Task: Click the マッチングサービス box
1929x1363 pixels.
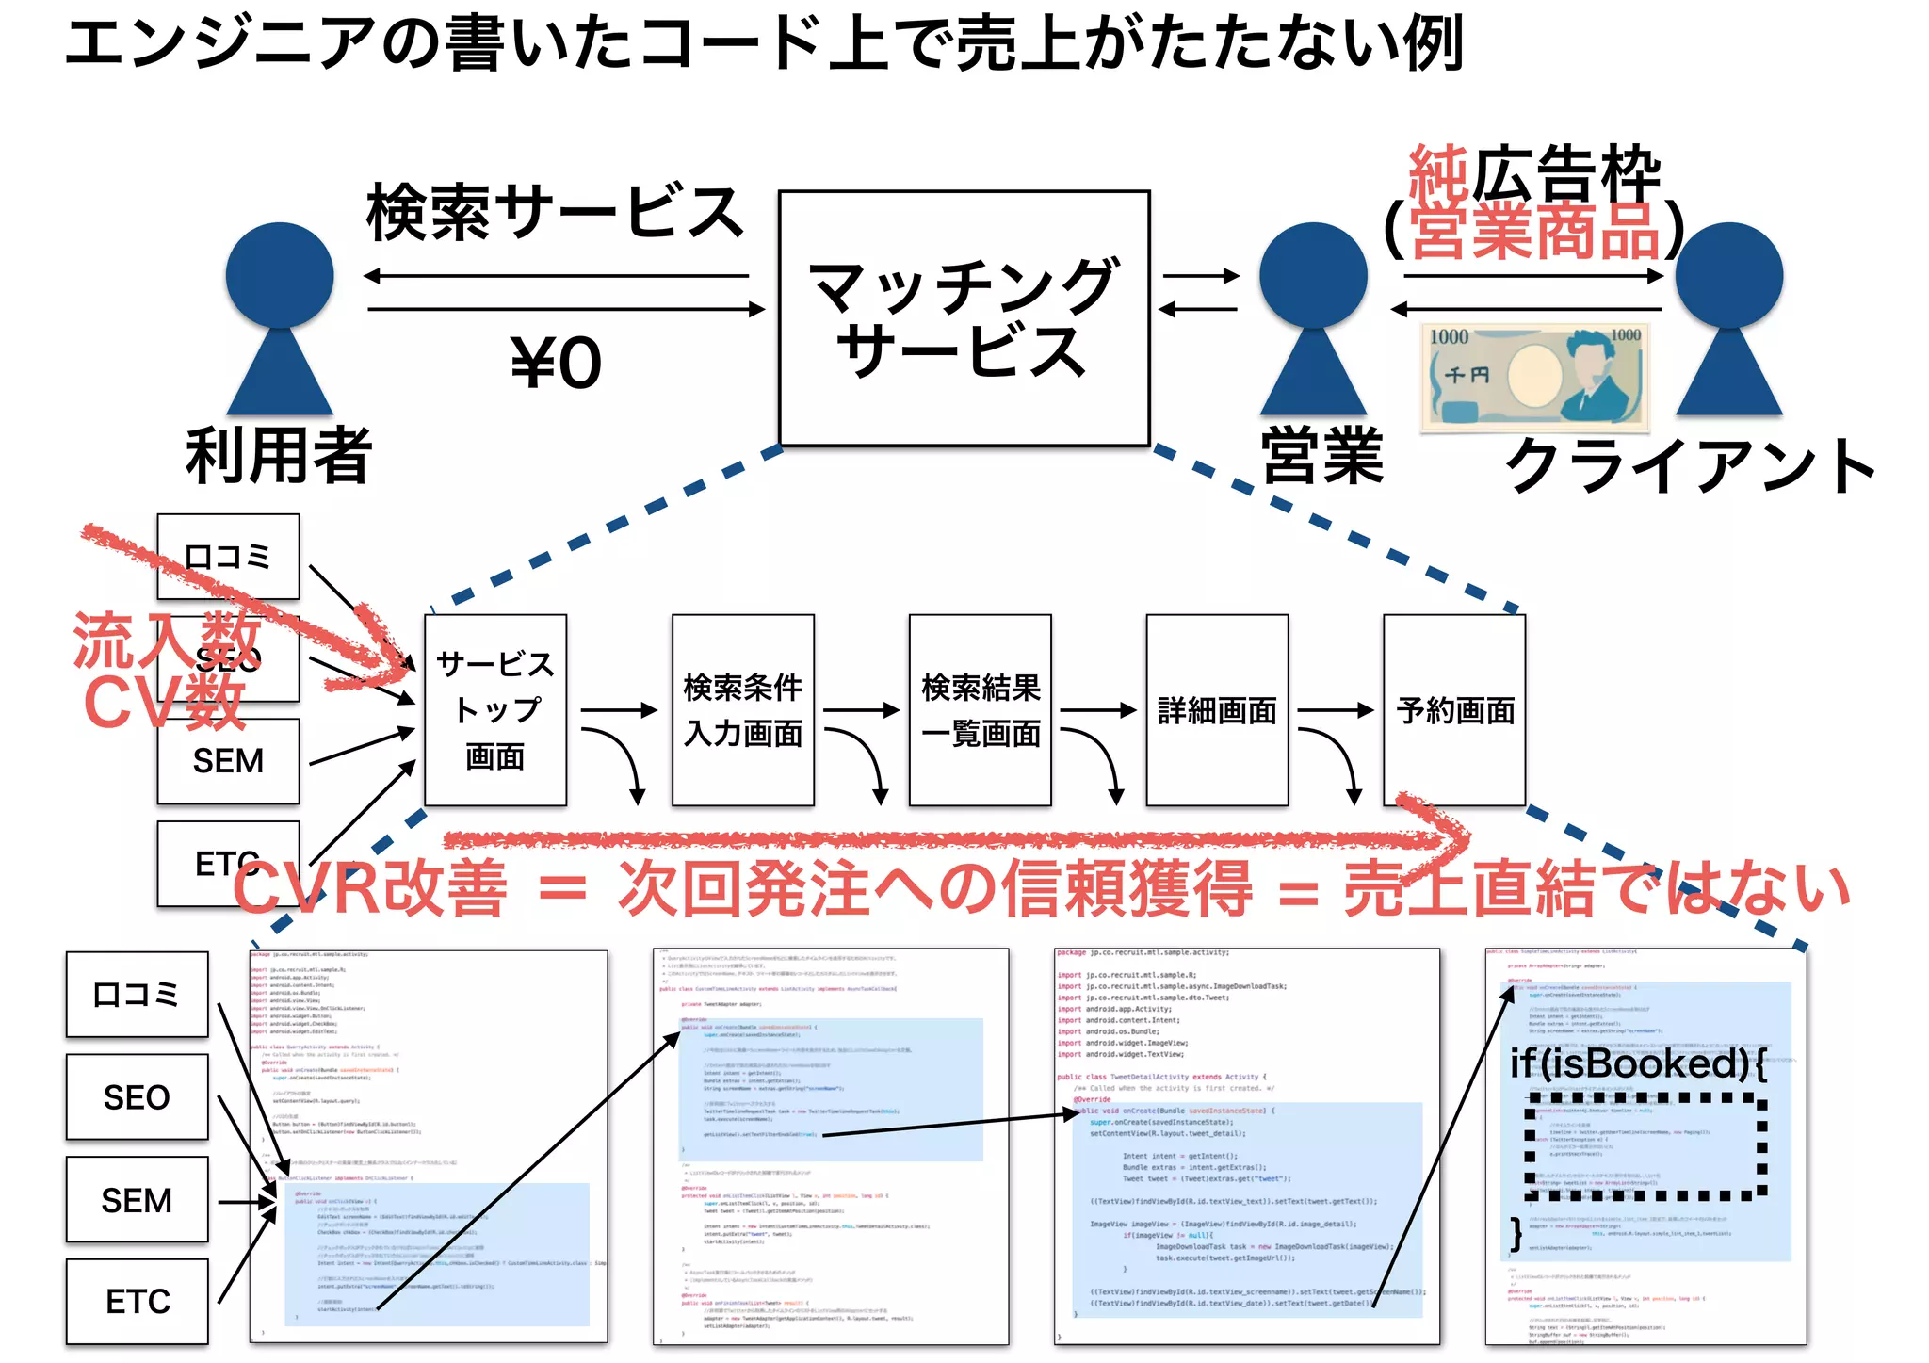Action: [964, 318]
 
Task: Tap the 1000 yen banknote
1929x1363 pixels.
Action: [1535, 376]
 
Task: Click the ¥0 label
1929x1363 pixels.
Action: [556, 363]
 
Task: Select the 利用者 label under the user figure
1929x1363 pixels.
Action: [279, 455]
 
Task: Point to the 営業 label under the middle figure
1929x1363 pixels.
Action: [1321, 455]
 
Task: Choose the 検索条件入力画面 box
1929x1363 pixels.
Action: [743, 710]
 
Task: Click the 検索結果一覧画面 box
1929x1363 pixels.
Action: [981, 710]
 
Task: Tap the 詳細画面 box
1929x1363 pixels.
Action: [1217, 710]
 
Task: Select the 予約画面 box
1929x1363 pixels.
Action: [1454, 710]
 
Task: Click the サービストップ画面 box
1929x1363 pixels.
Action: [495, 710]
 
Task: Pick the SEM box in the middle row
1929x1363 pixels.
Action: [228, 761]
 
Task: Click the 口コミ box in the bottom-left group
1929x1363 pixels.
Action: [137, 995]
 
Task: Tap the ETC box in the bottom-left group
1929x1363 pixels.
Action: [137, 1302]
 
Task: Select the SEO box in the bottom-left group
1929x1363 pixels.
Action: [137, 1097]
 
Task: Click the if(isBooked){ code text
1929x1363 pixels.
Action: [1637, 1064]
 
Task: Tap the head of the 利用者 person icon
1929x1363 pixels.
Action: [280, 275]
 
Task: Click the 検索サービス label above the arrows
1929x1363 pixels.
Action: [555, 213]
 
